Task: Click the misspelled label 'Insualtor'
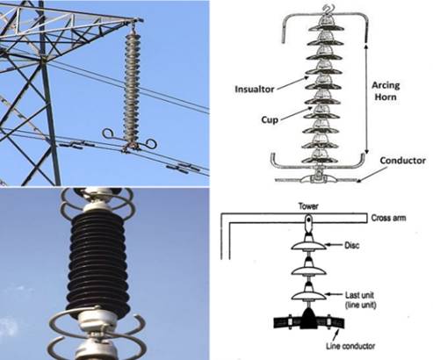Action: (x=255, y=90)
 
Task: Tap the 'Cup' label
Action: (x=270, y=119)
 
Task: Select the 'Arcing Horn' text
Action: (x=386, y=91)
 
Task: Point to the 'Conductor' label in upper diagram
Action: (x=402, y=161)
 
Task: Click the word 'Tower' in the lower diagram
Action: (x=308, y=206)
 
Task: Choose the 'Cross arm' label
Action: (x=388, y=218)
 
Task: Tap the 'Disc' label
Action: (x=351, y=245)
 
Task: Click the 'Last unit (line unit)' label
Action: (x=360, y=300)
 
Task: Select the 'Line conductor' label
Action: (x=350, y=346)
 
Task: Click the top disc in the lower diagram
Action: (x=308, y=245)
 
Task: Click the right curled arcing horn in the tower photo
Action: (x=152, y=143)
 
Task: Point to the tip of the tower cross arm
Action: (x=141, y=20)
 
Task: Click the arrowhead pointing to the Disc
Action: (x=328, y=245)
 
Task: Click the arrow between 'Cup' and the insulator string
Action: (x=296, y=113)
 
